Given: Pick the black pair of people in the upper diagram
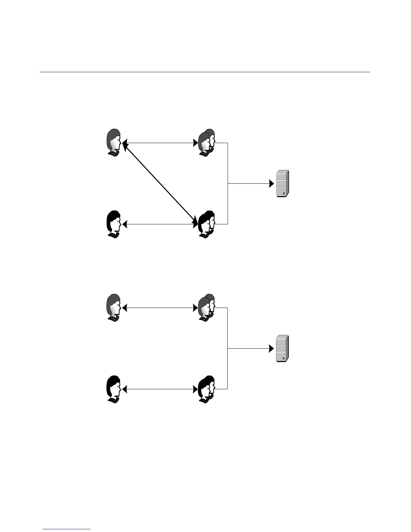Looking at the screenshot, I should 207,224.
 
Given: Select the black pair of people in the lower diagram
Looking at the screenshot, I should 207,390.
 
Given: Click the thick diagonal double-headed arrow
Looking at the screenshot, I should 160,183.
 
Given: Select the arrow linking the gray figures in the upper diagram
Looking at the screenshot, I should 160,143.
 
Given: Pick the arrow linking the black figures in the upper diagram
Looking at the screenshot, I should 160,224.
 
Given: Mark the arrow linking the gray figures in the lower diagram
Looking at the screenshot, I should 160,308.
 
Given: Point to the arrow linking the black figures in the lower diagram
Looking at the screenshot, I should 160,390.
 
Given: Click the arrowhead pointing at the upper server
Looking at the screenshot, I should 272,184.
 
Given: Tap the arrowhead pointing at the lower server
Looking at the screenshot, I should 272,349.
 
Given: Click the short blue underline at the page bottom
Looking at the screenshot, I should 66,529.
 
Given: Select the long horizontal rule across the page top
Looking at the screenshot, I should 205,72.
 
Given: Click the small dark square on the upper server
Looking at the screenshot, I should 284,193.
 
